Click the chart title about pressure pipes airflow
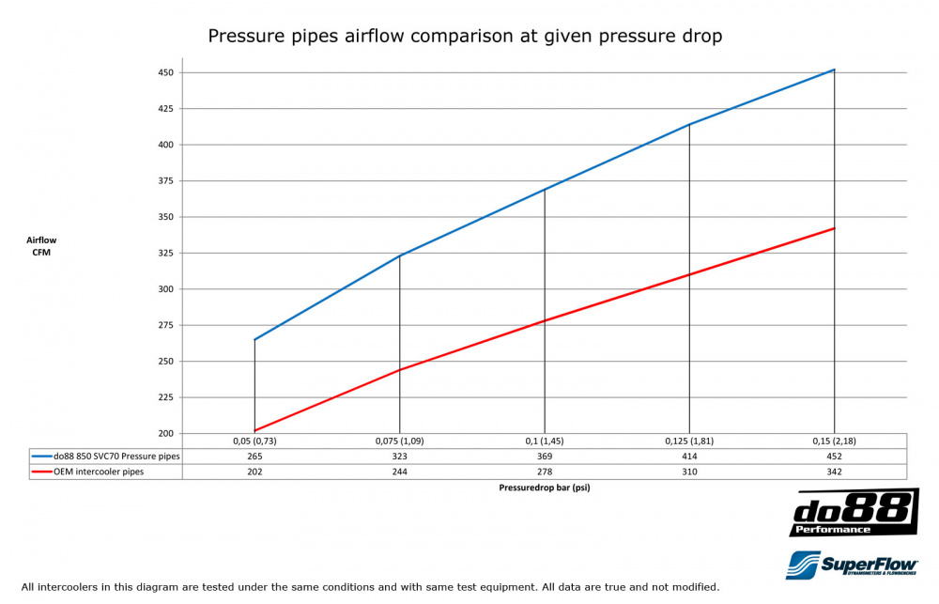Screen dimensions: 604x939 [x=464, y=37]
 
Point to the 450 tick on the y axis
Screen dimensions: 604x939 [x=165, y=72]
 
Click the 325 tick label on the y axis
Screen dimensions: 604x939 [x=165, y=254]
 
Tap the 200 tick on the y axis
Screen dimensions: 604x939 [x=165, y=434]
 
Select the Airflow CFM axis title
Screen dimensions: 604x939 [x=41, y=246]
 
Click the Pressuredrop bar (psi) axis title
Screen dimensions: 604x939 [x=545, y=488]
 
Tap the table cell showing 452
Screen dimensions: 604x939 [x=835, y=457]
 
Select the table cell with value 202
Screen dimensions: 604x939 [x=254, y=472]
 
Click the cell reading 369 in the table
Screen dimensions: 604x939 [x=545, y=457]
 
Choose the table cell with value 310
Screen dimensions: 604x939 [x=690, y=472]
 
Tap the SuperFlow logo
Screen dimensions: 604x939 [x=853, y=565]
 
